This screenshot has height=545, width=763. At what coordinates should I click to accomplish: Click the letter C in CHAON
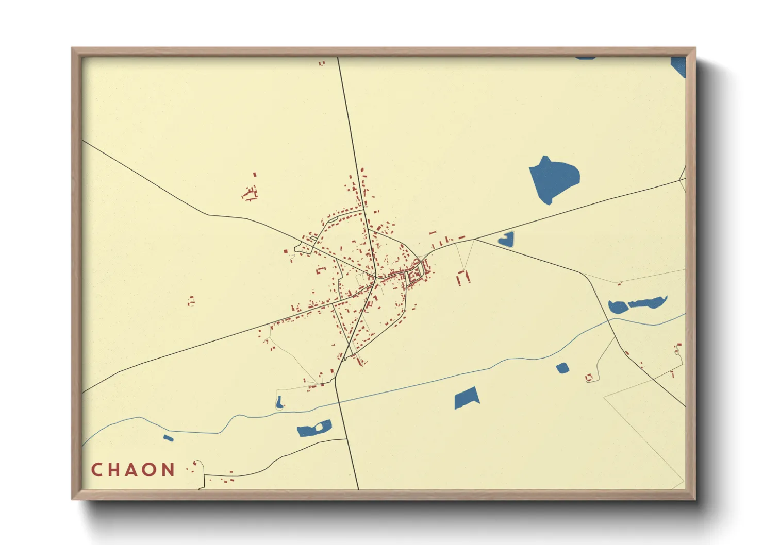pos(96,470)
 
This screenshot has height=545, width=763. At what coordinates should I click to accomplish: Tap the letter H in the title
pos(114,470)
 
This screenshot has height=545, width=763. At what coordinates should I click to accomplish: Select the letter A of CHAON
pos(132,470)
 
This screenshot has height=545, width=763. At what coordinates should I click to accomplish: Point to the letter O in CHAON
pos(150,470)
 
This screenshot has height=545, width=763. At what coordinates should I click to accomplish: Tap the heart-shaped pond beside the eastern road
pos(506,239)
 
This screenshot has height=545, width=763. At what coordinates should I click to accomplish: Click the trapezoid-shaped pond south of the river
pos(467,398)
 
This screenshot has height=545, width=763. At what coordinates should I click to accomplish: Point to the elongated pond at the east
pos(648,302)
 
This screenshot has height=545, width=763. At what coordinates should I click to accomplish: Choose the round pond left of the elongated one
pos(617,308)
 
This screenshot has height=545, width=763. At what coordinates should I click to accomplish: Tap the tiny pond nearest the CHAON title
pos(168,438)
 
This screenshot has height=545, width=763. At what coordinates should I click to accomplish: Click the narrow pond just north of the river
pos(279,402)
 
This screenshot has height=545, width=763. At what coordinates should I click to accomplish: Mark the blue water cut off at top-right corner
pos(678,66)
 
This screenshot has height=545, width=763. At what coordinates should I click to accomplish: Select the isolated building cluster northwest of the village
pos(250,193)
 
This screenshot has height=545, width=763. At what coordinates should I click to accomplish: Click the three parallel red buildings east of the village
pos(463,277)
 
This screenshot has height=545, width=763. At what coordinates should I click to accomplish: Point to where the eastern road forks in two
pos(475,240)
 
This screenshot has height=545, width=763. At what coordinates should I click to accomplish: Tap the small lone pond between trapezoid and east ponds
pos(562,368)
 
